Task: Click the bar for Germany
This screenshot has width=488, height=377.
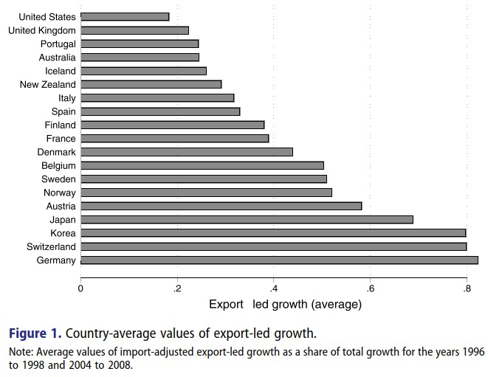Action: [279, 260]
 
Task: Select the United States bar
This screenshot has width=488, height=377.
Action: [125, 16]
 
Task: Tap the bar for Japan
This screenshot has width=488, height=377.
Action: [247, 219]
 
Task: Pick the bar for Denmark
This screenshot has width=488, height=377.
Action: [187, 151]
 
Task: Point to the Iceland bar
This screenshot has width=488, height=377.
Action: [143, 71]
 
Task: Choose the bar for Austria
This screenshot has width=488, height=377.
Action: [221, 206]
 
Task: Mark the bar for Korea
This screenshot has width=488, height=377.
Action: [273, 232]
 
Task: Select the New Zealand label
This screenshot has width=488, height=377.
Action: [48, 84]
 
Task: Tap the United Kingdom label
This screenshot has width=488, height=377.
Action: [42, 30]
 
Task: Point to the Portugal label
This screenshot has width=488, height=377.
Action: [58, 44]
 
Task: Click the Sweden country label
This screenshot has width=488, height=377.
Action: [59, 179]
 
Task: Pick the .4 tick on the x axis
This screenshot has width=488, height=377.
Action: [273, 288]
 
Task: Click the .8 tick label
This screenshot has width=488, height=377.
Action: [466, 288]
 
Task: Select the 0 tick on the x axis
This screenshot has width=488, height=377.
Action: [80, 288]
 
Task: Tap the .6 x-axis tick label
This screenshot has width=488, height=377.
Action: [370, 288]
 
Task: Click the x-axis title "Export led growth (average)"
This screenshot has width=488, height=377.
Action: [285, 304]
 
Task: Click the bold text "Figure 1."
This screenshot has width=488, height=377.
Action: [36, 333]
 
